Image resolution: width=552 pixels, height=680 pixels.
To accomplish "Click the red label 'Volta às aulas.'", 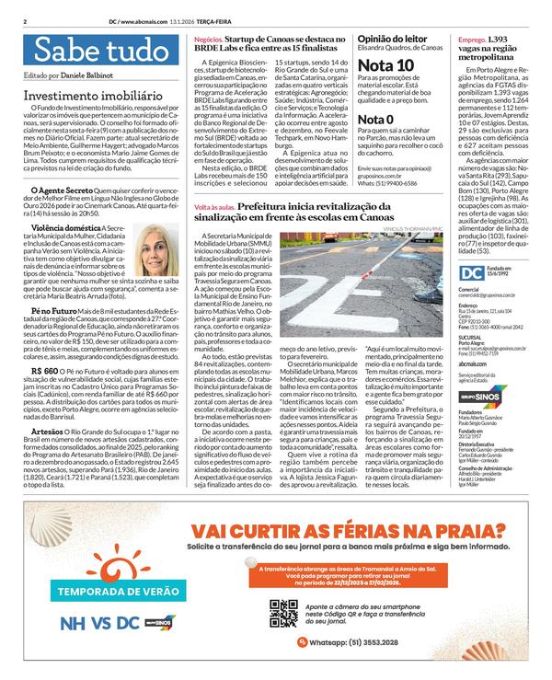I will tap(214, 210).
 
